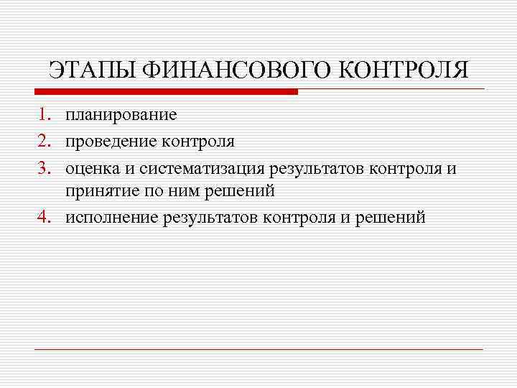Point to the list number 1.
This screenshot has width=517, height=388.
(x=45, y=115)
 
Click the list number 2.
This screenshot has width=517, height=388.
(x=45, y=141)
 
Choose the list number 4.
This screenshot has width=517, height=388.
(x=45, y=217)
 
